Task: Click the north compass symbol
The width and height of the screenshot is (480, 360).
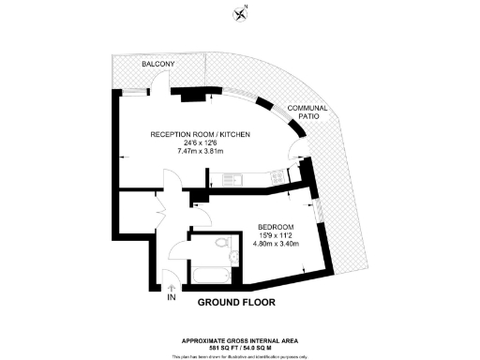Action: pos(241,12)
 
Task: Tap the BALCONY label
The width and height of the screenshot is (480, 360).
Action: pos(157,64)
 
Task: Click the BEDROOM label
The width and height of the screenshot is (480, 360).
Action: pos(277,227)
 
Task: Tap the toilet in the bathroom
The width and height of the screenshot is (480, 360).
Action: pos(221,244)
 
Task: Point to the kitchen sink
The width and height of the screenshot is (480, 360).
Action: pos(232,177)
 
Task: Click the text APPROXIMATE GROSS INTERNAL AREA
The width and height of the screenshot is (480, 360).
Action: pos(240,340)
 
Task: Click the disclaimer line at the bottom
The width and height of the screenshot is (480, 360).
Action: pos(240,355)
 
